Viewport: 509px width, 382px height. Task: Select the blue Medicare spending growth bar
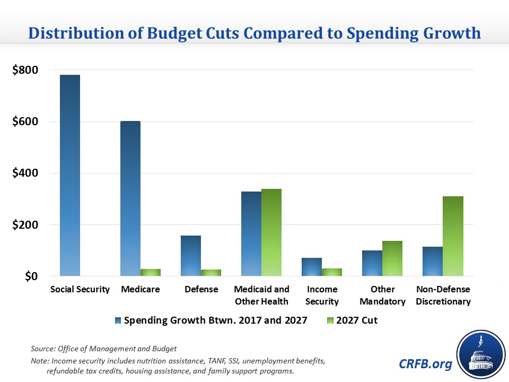pos(130,198)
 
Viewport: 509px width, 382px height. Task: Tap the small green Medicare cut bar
pos(151,272)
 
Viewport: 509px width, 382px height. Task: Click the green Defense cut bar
pos(211,273)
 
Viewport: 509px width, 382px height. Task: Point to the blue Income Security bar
pos(312,267)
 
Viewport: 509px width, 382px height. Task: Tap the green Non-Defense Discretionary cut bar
pos(453,236)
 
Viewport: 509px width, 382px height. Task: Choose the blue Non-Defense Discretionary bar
pos(433,261)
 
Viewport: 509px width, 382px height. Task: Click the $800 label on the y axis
pos(25,70)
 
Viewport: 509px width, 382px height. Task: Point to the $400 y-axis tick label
pos(25,173)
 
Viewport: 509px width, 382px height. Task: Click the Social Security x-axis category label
pos(80,289)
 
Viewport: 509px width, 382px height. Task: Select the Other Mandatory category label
pos(382,295)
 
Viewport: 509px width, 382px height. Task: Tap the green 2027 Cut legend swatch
pos(330,320)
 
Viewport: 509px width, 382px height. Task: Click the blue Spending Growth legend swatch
pos(117,320)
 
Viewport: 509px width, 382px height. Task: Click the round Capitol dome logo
pos(480,354)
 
